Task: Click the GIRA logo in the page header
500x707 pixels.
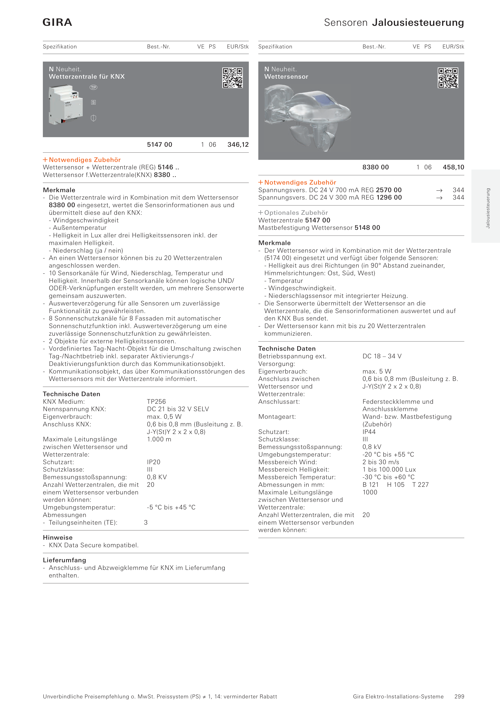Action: [57, 22]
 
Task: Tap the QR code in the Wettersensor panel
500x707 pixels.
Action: [448, 78]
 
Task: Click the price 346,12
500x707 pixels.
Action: [238, 145]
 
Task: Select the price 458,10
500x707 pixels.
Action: [453, 167]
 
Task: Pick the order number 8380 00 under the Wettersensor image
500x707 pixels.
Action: [375, 167]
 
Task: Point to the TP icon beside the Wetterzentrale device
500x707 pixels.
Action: [93, 87]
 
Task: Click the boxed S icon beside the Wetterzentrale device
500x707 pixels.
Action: [93, 102]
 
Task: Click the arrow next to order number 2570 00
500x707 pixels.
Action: [439, 190]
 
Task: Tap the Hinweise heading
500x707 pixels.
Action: [58, 537]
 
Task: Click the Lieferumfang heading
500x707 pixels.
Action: [64, 560]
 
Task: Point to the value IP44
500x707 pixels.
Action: [369, 432]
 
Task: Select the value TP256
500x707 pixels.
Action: [156, 402]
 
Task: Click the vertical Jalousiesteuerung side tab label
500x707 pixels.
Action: [488, 208]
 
